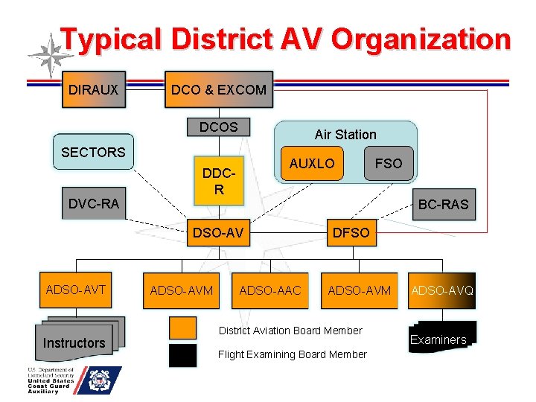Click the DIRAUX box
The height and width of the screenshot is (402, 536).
point(93,89)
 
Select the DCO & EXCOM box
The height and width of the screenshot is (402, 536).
point(218,89)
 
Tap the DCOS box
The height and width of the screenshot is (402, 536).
point(218,127)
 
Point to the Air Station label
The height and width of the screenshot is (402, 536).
point(345,135)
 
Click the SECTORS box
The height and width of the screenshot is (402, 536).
point(93,152)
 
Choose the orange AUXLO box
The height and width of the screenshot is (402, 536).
point(312,163)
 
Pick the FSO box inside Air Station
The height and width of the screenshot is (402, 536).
point(389,163)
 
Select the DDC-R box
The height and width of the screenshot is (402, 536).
point(218,180)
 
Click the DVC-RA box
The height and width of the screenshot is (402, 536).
point(93,203)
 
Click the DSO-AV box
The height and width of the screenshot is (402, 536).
point(218,233)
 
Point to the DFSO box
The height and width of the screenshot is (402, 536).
point(351,233)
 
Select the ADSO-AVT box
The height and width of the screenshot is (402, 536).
point(76,290)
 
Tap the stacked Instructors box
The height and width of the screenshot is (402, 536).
point(74,342)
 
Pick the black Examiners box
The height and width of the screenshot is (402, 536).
point(443,339)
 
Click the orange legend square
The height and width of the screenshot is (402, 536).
point(182,328)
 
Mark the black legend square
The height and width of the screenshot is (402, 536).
point(182,355)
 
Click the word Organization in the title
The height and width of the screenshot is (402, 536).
point(421,39)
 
